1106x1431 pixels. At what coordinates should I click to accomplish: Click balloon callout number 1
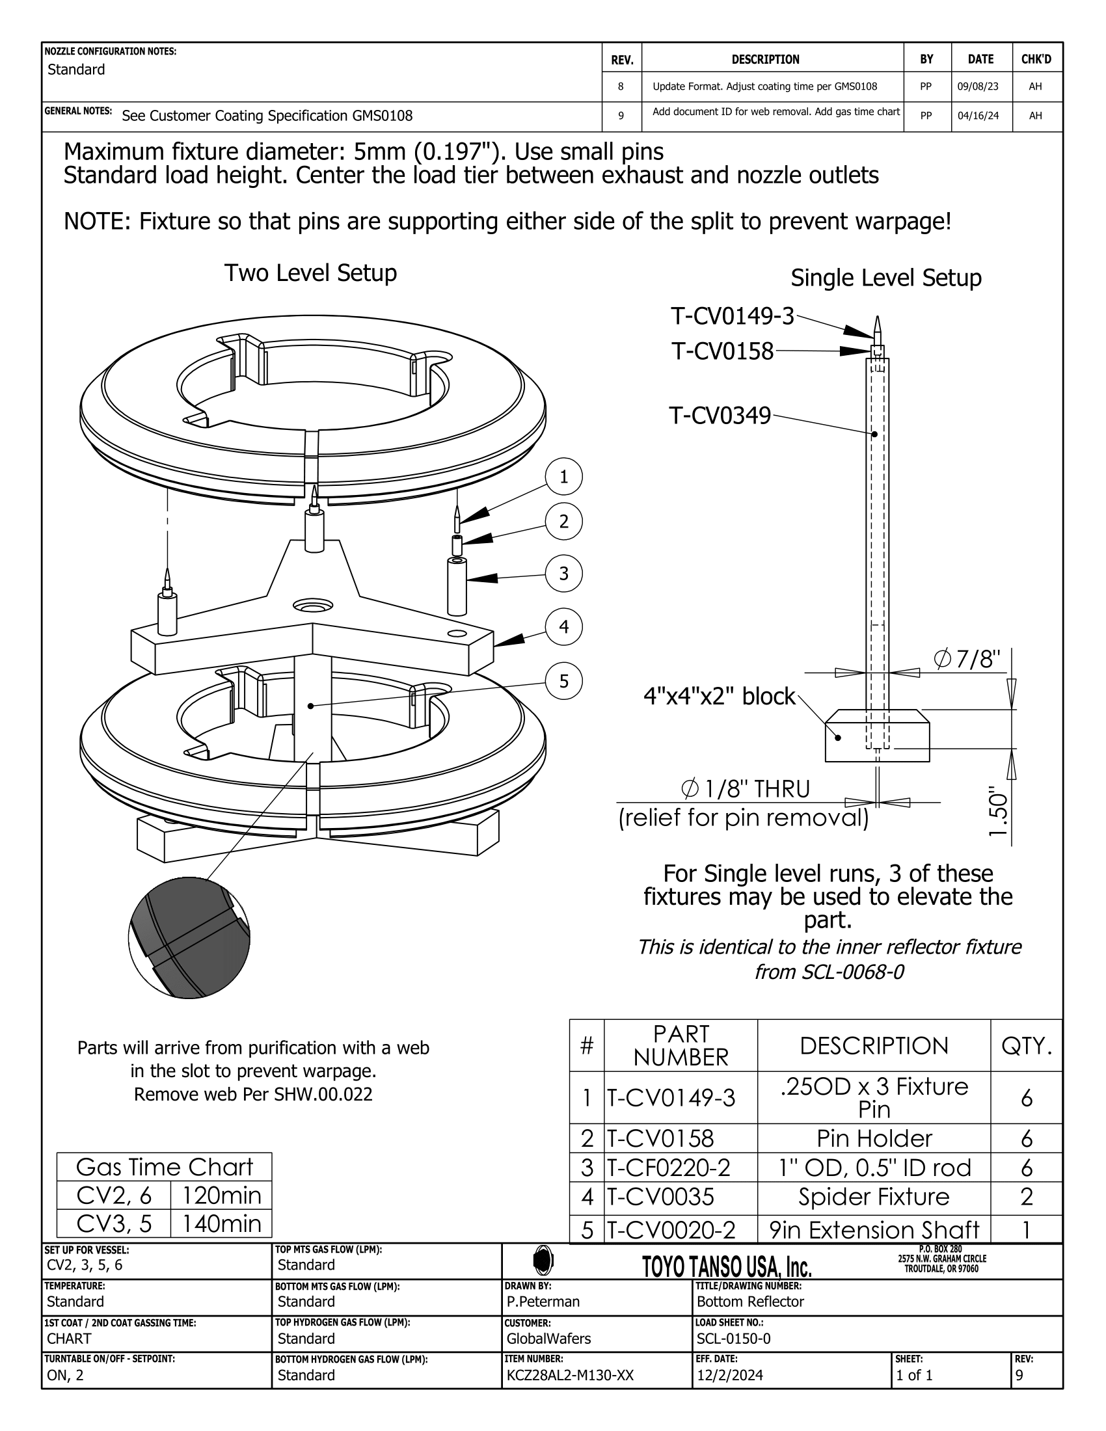[x=563, y=477]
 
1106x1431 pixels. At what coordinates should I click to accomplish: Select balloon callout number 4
[x=563, y=627]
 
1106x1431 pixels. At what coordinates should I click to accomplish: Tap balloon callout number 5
[x=563, y=682]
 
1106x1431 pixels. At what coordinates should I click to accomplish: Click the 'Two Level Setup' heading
[x=310, y=273]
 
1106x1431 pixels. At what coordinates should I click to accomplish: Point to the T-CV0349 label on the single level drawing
[x=720, y=416]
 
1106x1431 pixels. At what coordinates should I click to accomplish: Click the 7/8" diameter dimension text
[x=967, y=659]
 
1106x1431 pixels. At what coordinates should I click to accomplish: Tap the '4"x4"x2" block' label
[x=719, y=696]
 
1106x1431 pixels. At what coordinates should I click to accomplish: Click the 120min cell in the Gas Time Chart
[x=221, y=1196]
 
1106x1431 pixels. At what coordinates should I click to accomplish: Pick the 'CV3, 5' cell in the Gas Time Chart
[x=114, y=1224]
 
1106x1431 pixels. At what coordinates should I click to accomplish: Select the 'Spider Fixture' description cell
[x=873, y=1197]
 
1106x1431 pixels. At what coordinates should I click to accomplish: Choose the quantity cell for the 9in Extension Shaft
[x=1026, y=1230]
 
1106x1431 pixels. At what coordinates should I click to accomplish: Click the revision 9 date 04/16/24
[x=978, y=116]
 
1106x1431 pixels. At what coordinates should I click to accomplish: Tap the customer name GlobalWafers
[x=548, y=1339]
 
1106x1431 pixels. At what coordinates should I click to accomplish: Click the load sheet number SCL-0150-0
[x=733, y=1339]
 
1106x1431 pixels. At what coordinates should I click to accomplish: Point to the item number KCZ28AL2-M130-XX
[x=570, y=1375]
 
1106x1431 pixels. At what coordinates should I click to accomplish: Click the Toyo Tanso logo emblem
[x=543, y=1259]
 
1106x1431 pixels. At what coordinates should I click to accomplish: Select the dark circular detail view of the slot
[x=189, y=937]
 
